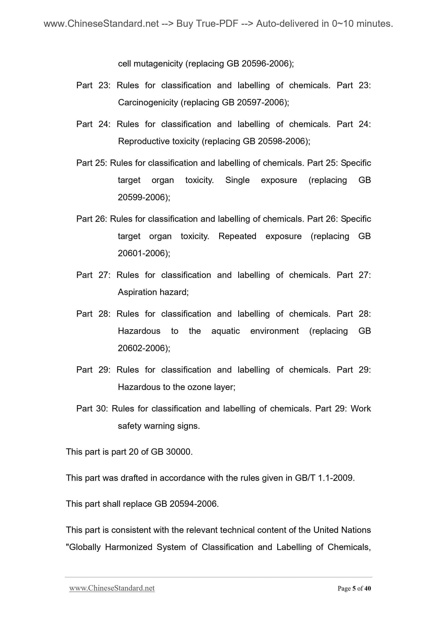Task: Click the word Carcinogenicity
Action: tap(148, 103)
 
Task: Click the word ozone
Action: tap(199, 387)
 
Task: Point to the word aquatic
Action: tap(225, 331)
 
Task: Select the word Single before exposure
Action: tap(237, 180)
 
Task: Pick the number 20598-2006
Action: tap(281, 141)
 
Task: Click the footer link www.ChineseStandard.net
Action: tap(112, 588)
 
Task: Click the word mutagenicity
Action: tap(158, 64)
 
